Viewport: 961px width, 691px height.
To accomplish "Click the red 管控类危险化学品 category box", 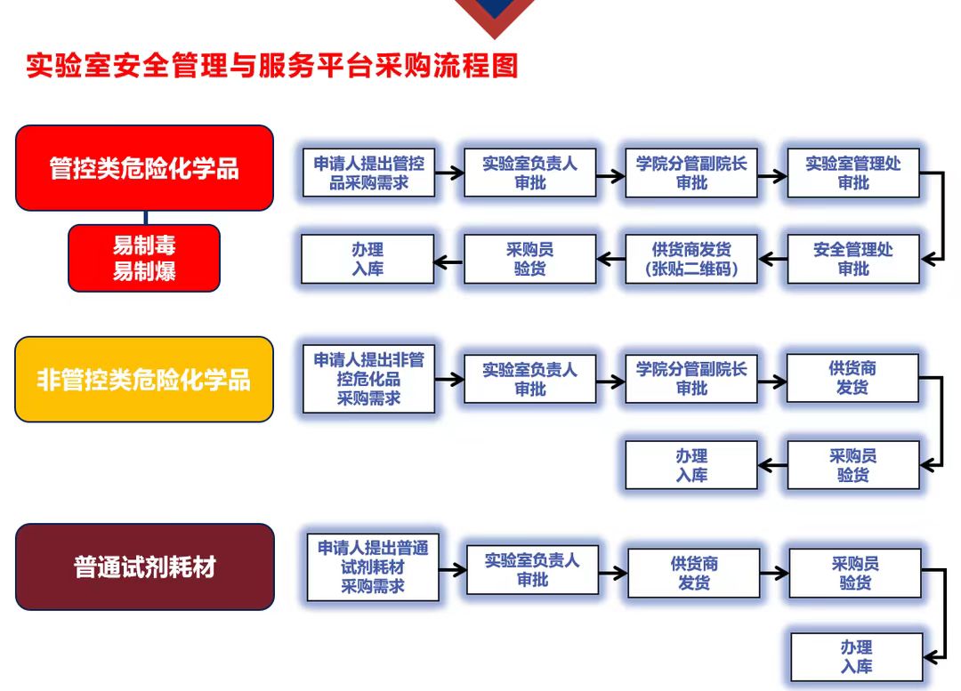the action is (x=145, y=168).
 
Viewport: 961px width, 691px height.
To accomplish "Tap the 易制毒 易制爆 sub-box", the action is (x=144, y=258).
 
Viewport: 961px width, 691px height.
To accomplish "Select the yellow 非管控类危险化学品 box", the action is (x=144, y=379).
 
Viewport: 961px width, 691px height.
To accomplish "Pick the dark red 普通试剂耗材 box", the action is (x=145, y=566).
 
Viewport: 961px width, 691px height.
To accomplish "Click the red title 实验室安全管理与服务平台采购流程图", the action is (x=272, y=66).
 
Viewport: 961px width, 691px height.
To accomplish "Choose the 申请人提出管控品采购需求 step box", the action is (x=369, y=173).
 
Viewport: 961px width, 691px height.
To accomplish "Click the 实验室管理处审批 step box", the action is (x=853, y=173).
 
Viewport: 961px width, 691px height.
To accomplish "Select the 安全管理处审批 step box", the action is (x=853, y=259).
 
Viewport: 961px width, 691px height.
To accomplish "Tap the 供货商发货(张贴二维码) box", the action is (x=691, y=259).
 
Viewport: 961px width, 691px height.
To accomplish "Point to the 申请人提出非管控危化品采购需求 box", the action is (x=369, y=379).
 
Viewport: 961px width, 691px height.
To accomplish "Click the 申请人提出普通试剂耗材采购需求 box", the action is (x=373, y=567).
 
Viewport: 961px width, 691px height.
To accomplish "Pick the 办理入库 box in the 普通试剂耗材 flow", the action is (x=857, y=657).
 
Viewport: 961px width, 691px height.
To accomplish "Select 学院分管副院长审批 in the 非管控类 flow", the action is (x=691, y=379).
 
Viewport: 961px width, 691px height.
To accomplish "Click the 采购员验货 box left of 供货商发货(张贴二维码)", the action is (x=530, y=259).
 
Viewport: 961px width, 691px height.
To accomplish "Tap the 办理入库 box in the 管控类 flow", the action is (x=367, y=259).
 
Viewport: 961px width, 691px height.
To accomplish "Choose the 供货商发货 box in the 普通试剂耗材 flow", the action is (x=694, y=573).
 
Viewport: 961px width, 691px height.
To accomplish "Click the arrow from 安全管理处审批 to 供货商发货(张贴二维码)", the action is (x=773, y=260).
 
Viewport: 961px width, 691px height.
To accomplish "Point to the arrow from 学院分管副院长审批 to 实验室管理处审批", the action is (x=772, y=176).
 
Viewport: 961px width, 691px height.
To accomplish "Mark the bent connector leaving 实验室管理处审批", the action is (x=942, y=216).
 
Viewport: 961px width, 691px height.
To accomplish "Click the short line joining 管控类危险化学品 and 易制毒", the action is (x=146, y=218).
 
